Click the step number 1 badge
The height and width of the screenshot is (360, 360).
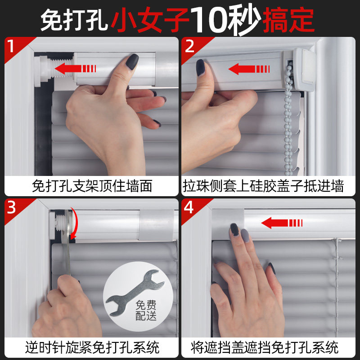pos(12,46)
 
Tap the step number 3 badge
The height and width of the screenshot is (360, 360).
pos(12,208)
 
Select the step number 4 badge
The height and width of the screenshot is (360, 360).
pos(189,208)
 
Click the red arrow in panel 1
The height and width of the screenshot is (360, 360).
pos(75,69)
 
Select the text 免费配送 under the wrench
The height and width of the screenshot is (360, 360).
pos(146,310)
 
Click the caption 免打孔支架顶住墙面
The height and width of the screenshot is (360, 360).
pos(92,185)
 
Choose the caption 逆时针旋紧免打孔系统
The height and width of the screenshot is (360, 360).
pos(92,347)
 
